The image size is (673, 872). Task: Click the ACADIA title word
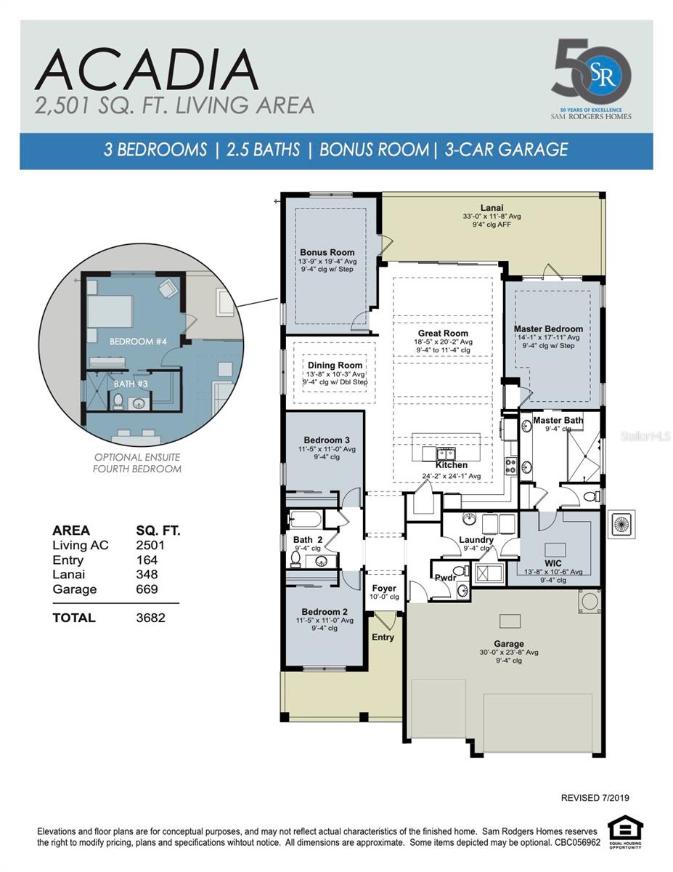pyautogui.click(x=146, y=70)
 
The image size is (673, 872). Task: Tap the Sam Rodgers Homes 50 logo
pyautogui.click(x=591, y=77)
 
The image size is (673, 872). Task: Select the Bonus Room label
pyautogui.click(x=327, y=252)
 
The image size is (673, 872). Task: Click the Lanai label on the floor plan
pyautogui.click(x=492, y=206)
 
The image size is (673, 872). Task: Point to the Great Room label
pyautogui.click(x=443, y=333)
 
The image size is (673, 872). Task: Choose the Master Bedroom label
pyautogui.click(x=548, y=328)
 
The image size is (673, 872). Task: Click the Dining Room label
pyautogui.click(x=335, y=366)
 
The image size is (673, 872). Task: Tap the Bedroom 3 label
pyautogui.click(x=326, y=440)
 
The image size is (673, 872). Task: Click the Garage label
pyautogui.click(x=508, y=643)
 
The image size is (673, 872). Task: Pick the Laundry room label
pyautogui.click(x=476, y=540)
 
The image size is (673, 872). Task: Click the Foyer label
pyautogui.click(x=384, y=588)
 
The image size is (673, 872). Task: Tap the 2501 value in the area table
pyautogui.click(x=150, y=545)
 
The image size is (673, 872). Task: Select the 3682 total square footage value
pyautogui.click(x=150, y=618)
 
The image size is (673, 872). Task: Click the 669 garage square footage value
pyautogui.click(x=147, y=589)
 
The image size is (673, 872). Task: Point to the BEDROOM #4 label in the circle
pyautogui.click(x=138, y=341)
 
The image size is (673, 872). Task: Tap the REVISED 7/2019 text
pyautogui.click(x=595, y=798)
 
